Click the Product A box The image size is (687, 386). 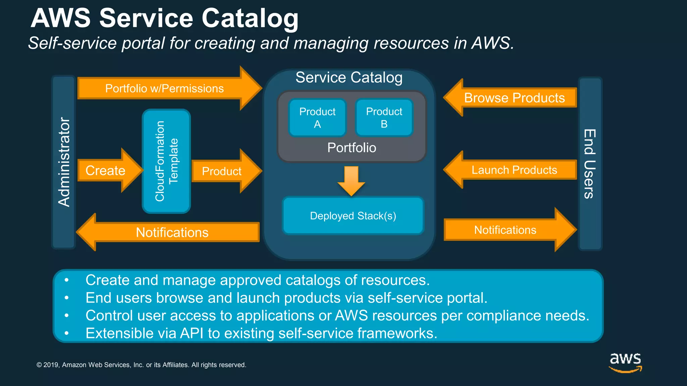tap(317, 118)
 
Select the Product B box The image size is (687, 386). tap(384, 118)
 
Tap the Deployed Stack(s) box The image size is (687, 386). tap(353, 216)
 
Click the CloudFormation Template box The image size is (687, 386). tap(166, 161)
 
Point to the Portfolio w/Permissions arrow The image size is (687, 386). tap(164, 88)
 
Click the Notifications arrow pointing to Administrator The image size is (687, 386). tap(172, 232)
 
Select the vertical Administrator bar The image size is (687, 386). tap(63, 162)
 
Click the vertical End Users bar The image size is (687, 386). tap(590, 164)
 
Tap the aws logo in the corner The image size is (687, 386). tap(625, 362)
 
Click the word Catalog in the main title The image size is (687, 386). tap(250, 18)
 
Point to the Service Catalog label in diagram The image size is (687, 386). tap(349, 77)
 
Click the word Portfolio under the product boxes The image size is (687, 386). tap(352, 148)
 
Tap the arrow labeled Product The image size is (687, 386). tap(222, 171)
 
